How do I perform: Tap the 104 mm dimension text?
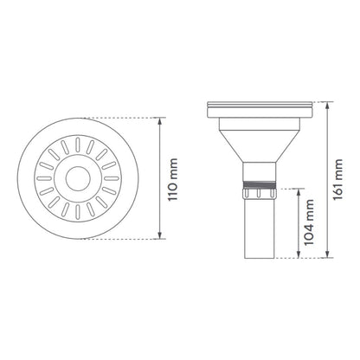pyautogui.click(x=309, y=222)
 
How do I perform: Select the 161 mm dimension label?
pyautogui.click(x=337, y=179)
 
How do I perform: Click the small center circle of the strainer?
pyautogui.click(x=78, y=178)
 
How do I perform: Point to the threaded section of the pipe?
pyautogui.click(x=259, y=184)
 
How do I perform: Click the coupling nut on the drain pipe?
pyautogui.click(x=259, y=193)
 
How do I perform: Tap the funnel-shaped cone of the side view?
pyautogui.click(x=259, y=145)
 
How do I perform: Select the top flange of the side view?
pyautogui.click(x=260, y=109)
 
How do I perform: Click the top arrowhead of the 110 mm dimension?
pyautogui.click(x=159, y=119)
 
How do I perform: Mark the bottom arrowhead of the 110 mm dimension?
pyautogui.click(x=159, y=236)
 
